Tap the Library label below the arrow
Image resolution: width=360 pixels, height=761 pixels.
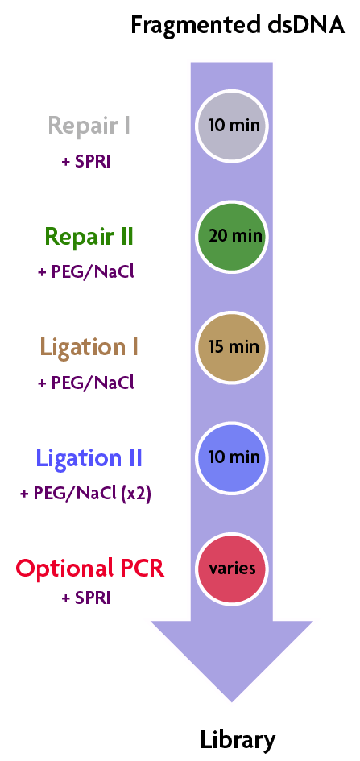tap(238, 740)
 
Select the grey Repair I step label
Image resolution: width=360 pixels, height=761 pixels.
tap(89, 126)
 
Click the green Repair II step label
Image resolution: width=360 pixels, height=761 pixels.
tap(89, 237)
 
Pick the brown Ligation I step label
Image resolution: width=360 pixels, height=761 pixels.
tap(89, 348)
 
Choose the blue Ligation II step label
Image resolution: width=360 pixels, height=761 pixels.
tap(89, 458)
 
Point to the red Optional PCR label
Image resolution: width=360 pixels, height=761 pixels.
tap(89, 569)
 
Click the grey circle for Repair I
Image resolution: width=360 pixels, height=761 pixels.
tap(232, 126)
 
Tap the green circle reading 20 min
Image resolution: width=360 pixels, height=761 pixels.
tap(232, 237)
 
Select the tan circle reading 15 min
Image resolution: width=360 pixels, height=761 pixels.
tap(232, 348)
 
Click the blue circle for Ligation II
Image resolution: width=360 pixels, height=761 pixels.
tap(232, 458)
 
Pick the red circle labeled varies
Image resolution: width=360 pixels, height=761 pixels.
tap(232, 569)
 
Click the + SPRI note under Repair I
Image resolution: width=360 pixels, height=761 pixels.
tap(86, 162)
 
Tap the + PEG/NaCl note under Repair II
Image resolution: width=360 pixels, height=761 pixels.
tap(86, 272)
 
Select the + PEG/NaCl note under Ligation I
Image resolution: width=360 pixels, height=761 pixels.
tap(86, 383)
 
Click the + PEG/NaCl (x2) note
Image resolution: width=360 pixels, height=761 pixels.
tap(86, 494)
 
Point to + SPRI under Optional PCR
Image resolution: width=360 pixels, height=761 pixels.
tap(86, 598)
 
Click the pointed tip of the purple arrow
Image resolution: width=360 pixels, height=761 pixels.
tap(231, 701)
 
